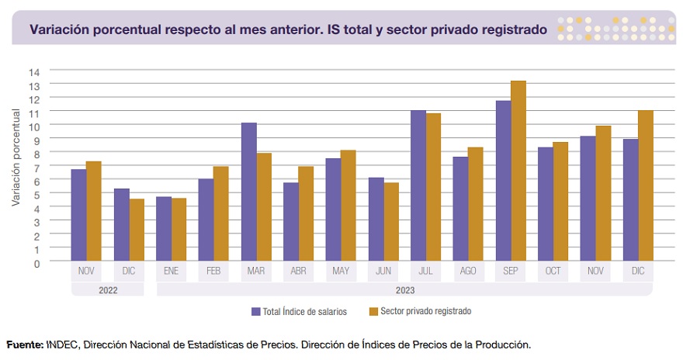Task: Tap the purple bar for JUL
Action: coord(418,185)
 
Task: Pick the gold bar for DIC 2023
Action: coord(645,185)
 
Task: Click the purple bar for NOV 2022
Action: coord(78,215)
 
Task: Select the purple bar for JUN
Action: coord(376,220)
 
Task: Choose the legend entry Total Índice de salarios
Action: coord(298,311)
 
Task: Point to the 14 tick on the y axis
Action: coord(34,71)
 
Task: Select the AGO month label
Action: coord(468,272)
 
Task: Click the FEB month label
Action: coord(213,272)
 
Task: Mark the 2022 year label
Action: coord(107,289)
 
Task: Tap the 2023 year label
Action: coord(404,289)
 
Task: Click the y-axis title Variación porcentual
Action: coord(16,158)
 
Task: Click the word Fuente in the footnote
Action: coord(24,344)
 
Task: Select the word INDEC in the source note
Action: coord(61,344)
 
